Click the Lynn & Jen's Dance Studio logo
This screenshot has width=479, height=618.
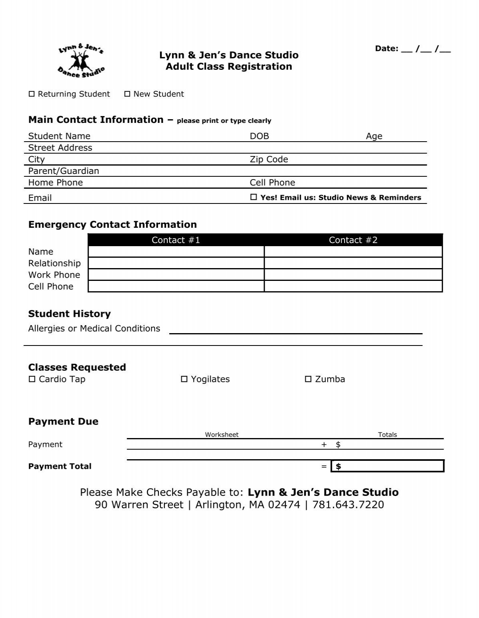tap(81, 61)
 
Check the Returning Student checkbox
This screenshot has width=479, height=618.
tap(32, 94)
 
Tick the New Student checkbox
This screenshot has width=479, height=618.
tap(127, 94)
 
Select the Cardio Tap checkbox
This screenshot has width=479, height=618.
tap(32, 379)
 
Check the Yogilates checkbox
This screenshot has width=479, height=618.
tap(184, 379)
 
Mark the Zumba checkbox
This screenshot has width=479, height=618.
tap(308, 379)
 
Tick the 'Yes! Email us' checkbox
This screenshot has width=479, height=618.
tap(253, 197)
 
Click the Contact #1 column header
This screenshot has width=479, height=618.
tap(176, 240)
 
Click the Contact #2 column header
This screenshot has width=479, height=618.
tap(353, 240)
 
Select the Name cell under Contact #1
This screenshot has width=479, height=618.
tap(176, 252)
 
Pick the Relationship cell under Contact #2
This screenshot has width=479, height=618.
tap(353, 263)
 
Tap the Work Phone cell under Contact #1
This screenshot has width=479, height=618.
tap(176, 275)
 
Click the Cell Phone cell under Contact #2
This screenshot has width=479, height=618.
tap(353, 286)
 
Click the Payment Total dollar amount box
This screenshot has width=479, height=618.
tap(388, 466)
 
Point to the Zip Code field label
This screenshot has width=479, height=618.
tap(269, 160)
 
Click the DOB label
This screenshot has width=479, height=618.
tap(259, 136)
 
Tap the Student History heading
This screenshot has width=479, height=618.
tap(69, 314)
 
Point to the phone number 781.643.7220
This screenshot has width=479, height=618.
tap(348, 505)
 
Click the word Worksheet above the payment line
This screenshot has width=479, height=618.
tap(222, 435)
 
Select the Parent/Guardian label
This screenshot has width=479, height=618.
tap(63, 171)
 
